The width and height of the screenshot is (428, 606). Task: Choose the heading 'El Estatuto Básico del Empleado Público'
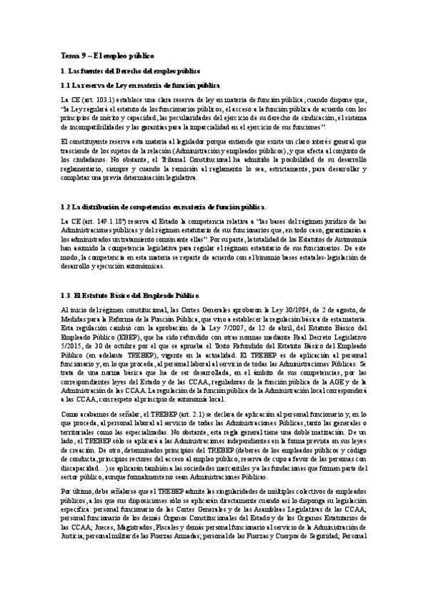point(138,297)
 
